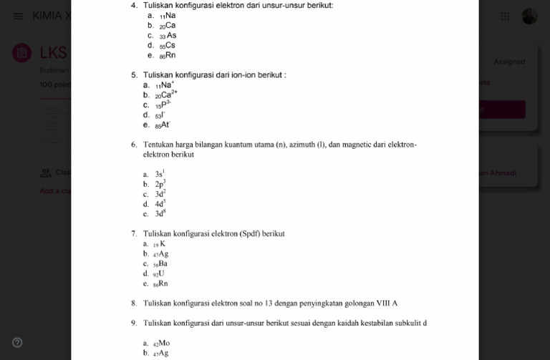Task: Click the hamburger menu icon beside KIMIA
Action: pyautogui.click(x=18, y=16)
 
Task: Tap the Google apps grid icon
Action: pyautogui.click(x=505, y=16)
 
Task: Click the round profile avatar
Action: pyautogui.click(x=529, y=16)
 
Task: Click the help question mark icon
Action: pyautogui.click(x=18, y=342)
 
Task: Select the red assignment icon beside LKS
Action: pyautogui.click(x=22, y=53)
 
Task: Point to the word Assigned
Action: pyautogui.click(x=509, y=62)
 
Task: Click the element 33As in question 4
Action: pyautogui.click(x=168, y=36)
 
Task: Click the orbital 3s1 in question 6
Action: pyautogui.click(x=160, y=174)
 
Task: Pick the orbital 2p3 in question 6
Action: pyautogui.click(x=160, y=184)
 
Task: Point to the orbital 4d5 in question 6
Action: pyautogui.click(x=160, y=204)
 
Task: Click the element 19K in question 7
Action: pyautogui.click(x=159, y=244)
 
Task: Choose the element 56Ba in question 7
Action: pyautogui.click(x=160, y=263)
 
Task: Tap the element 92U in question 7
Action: pyautogui.click(x=159, y=273)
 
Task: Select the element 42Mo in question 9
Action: pyautogui.click(x=161, y=343)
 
